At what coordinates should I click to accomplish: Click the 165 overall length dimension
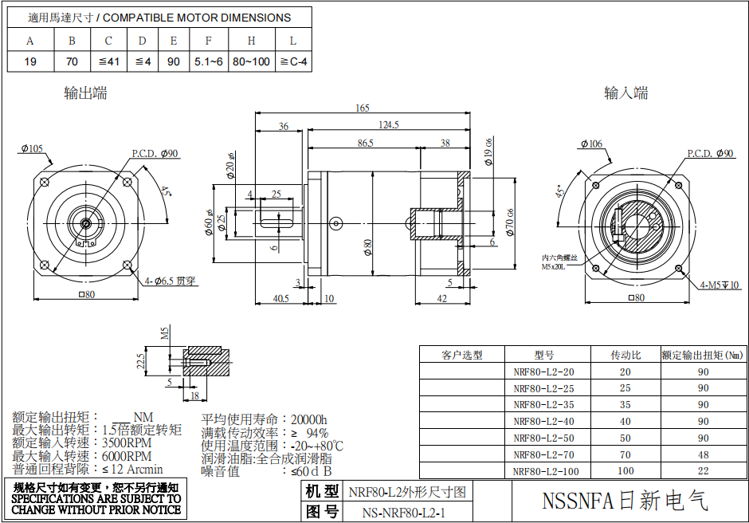pyautogui.click(x=363, y=108)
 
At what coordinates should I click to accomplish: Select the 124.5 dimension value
pyautogui.click(x=388, y=125)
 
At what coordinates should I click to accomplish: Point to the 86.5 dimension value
pyautogui.click(x=365, y=144)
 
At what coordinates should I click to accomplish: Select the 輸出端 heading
pyautogui.click(x=85, y=93)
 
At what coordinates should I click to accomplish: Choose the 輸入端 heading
pyautogui.click(x=625, y=93)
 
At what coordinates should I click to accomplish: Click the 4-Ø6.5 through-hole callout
pyautogui.click(x=169, y=281)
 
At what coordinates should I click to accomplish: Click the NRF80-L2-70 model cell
pyautogui.click(x=544, y=454)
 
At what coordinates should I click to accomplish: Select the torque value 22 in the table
pyautogui.click(x=703, y=471)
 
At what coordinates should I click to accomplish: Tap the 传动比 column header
pyautogui.click(x=625, y=355)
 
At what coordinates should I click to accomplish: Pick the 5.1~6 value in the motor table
pyautogui.click(x=208, y=61)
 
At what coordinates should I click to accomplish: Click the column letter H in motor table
pyautogui.click(x=251, y=41)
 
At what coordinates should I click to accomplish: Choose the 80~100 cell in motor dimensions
pyautogui.click(x=251, y=61)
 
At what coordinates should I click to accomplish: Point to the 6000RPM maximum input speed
pyautogui.click(x=127, y=456)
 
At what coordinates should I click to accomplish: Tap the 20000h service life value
pyautogui.click(x=309, y=419)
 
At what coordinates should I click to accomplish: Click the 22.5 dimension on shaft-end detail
pyautogui.click(x=141, y=361)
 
